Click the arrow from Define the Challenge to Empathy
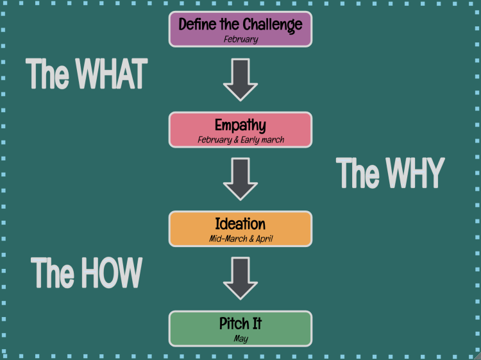[x=240, y=80]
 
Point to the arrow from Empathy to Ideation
[x=240, y=180]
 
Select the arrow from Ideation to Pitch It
[x=240, y=279]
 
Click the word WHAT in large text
[x=112, y=74]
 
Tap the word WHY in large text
[x=410, y=173]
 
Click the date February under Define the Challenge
[x=240, y=39]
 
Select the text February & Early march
[x=240, y=139]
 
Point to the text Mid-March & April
[x=241, y=239]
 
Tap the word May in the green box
[x=240, y=339]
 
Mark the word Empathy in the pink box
[x=240, y=124]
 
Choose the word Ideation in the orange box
[x=240, y=224]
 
